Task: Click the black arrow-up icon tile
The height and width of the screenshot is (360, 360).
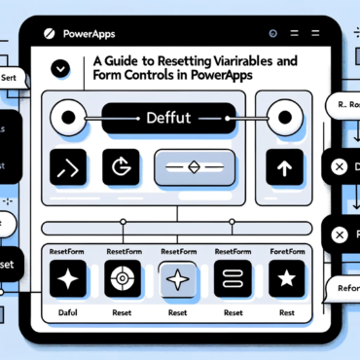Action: click(x=285, y=168)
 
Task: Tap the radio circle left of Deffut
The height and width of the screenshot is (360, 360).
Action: click(x=70, y=119)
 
